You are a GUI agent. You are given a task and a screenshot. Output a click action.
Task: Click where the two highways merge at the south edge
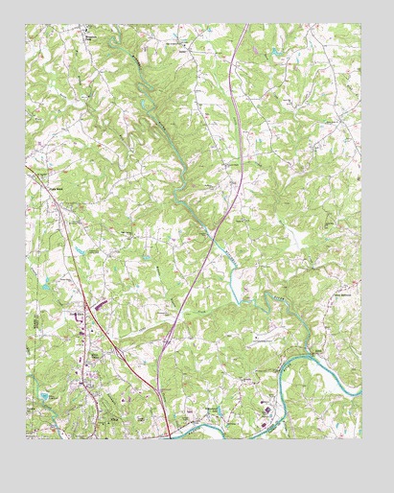coord(170,433)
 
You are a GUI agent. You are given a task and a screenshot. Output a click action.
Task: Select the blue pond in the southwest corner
coord(45,395)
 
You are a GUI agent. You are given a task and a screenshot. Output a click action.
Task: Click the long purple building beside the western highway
coord(100,304)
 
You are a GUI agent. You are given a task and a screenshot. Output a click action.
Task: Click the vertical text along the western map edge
coord(31,331)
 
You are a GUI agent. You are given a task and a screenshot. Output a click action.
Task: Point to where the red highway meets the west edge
coord(28,170)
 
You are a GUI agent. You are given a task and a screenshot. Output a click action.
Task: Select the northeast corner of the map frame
coord(361,25)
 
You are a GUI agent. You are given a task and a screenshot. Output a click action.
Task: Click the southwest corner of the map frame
coord(26,438)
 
